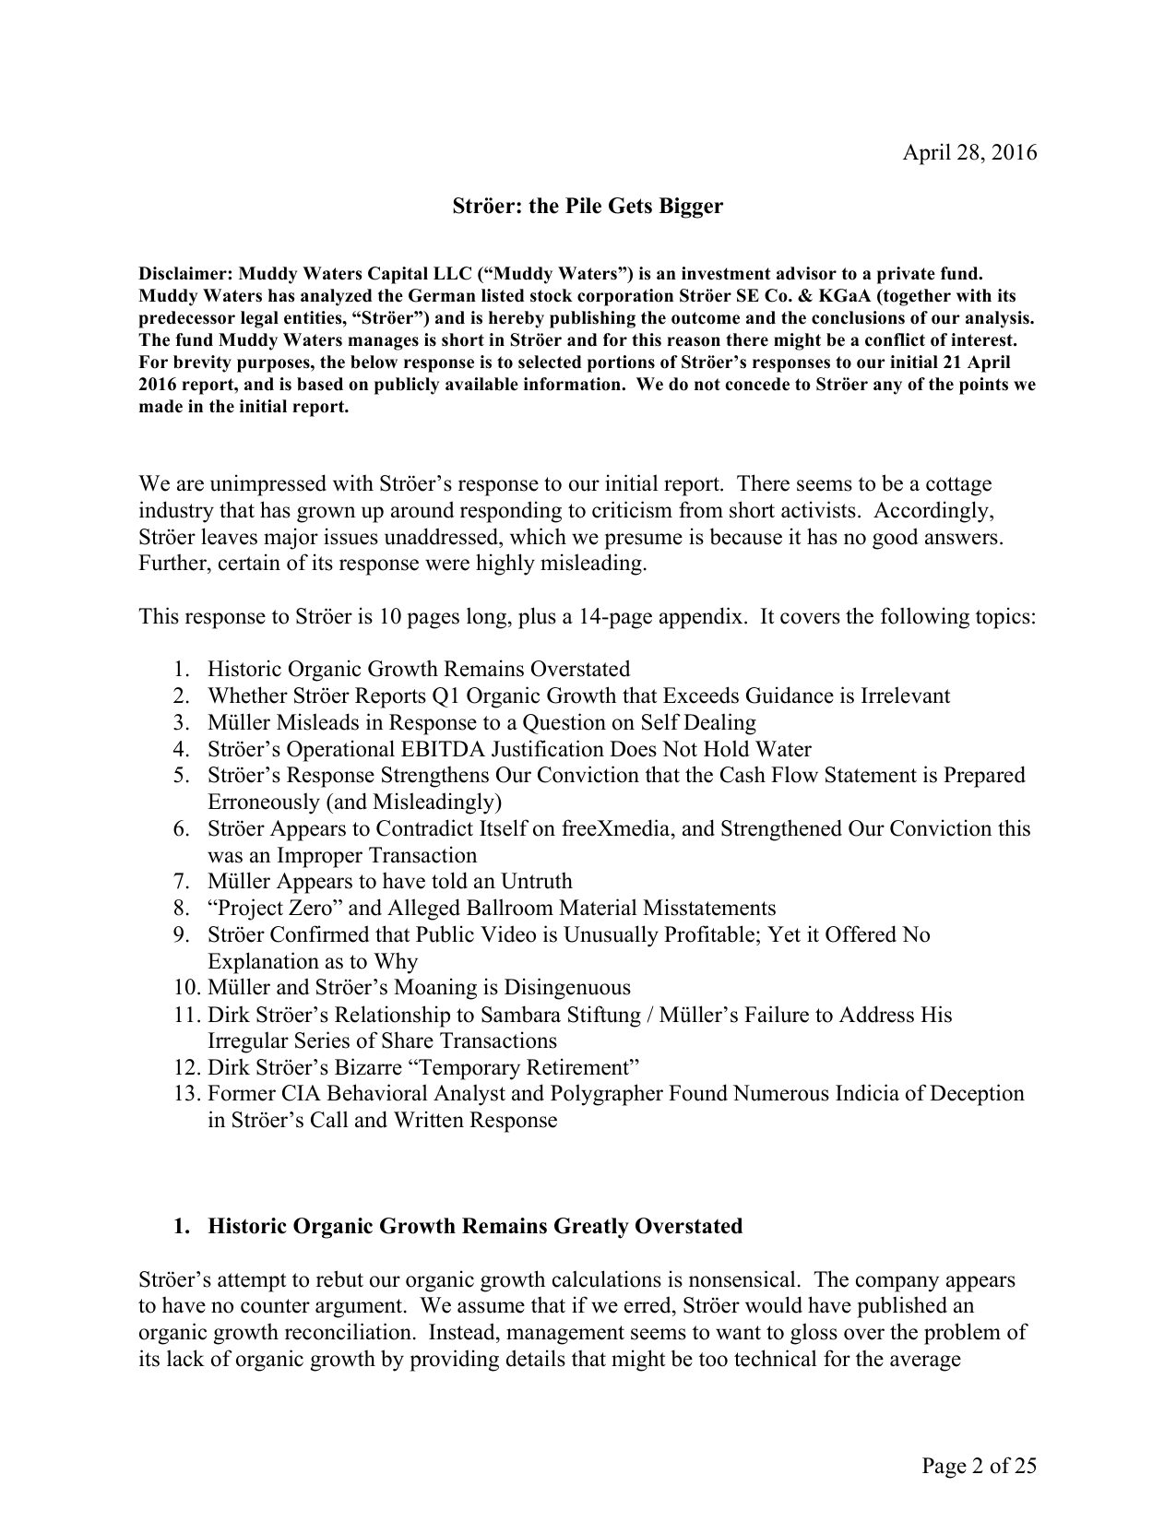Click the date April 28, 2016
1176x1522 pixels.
968,152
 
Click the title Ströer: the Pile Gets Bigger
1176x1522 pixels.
588,206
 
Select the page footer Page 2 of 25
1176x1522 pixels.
978,1465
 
